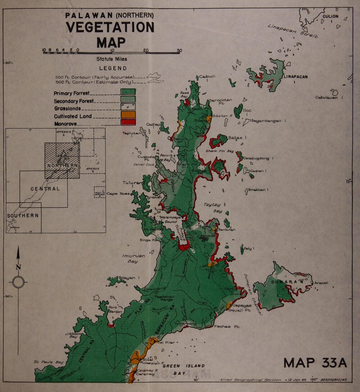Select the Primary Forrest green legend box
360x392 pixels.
(x=128, y=92)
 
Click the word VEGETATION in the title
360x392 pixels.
(x=110, y=27)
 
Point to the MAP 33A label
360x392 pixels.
(x=315, y=362)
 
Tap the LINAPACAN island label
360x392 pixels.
(x=295, y=77)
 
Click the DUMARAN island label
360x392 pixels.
(x=286, y=282)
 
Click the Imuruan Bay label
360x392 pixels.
(x=133, y=258)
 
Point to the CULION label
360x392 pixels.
(x=330, y=16)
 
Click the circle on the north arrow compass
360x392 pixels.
(x=18, y=282)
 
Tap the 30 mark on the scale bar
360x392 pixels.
(x=179, y=50)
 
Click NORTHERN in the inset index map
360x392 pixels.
(x=62, y=165)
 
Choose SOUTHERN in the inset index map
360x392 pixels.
(x=22, y=215)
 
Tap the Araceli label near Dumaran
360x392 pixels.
(x=321, y=283)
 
